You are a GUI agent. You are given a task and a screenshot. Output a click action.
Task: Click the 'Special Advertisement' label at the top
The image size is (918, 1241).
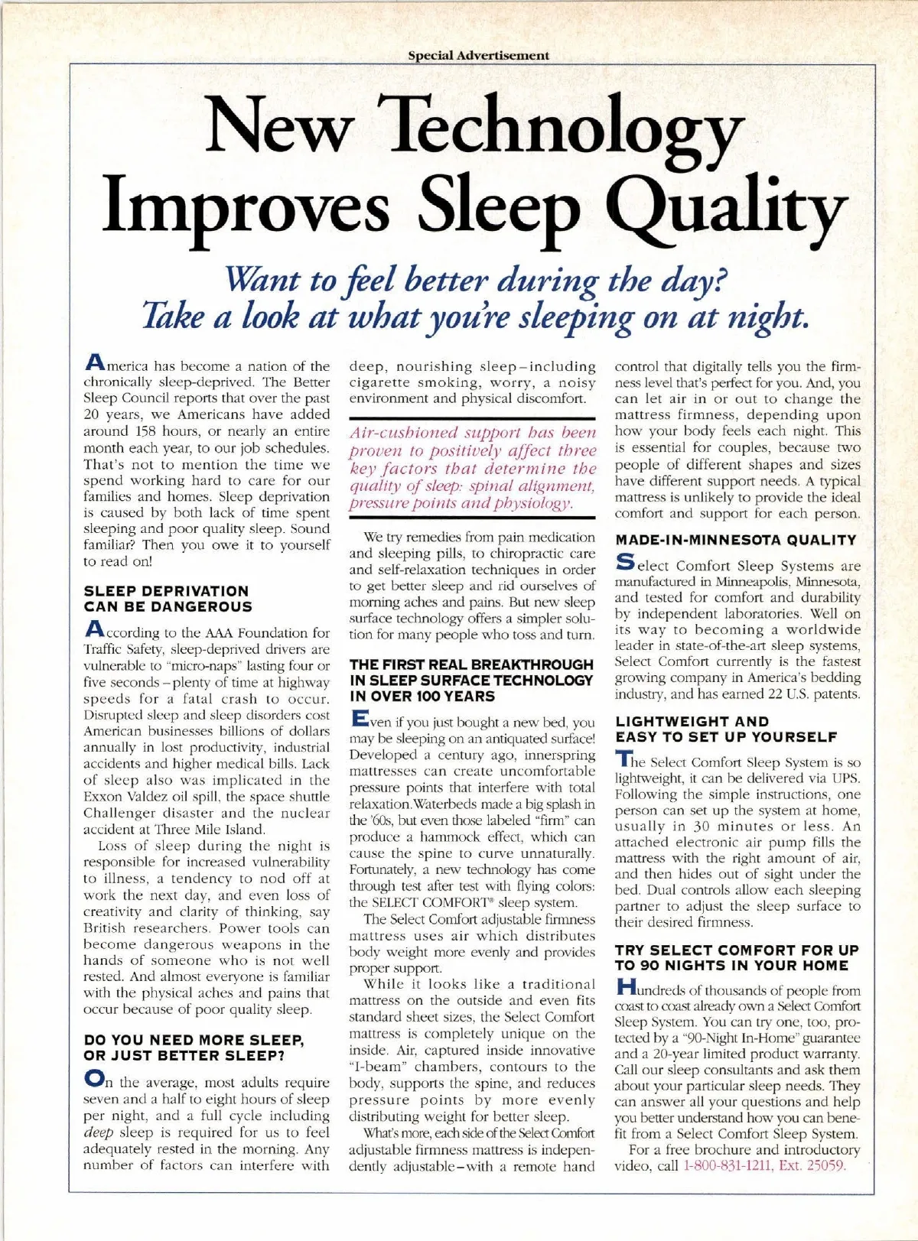(478, 56)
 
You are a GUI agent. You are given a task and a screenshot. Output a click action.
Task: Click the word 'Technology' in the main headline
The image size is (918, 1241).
(566, 125)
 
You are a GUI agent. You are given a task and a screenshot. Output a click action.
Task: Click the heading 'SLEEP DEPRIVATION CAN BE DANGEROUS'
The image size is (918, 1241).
(167, 599)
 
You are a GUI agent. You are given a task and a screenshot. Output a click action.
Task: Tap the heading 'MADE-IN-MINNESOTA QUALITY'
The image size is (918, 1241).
(736, 540)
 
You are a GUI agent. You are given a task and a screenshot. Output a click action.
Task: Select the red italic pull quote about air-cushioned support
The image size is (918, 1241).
(472, 467)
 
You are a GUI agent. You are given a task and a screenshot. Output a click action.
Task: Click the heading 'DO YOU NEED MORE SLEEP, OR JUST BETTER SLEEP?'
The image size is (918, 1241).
(194, 1048)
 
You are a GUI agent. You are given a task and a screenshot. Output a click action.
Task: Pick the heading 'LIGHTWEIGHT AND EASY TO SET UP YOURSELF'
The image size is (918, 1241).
(726, 729)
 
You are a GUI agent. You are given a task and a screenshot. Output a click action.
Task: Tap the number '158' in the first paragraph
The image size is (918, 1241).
(142, 431)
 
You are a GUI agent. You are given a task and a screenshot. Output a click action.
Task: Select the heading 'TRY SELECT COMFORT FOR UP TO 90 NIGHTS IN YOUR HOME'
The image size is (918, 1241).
(737, 957)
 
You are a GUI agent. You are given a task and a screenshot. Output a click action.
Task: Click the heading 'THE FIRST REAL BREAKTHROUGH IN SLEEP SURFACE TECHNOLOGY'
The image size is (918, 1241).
(471, 680)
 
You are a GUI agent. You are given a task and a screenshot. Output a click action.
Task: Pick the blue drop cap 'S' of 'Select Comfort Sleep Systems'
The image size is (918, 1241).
(625, 564)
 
